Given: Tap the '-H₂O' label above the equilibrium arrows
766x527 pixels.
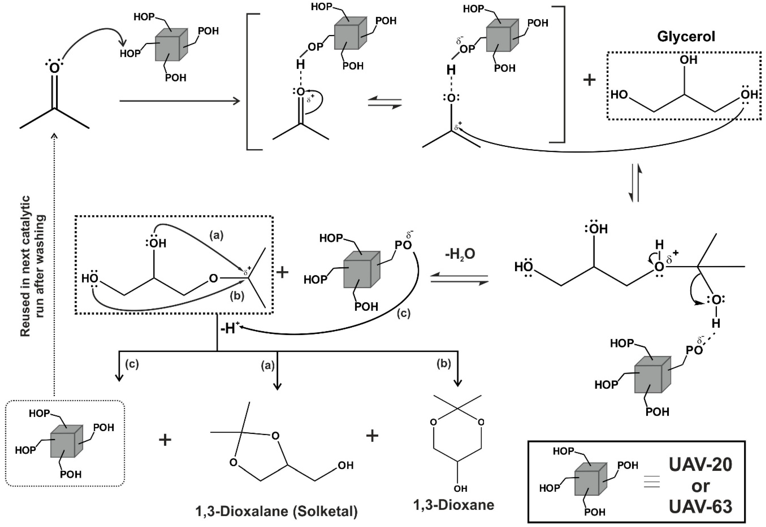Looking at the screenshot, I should tap(460, 254).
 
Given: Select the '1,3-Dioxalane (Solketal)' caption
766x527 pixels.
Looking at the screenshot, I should tap(277, 511).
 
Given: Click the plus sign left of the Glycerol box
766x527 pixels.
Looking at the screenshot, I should tap(589, 80).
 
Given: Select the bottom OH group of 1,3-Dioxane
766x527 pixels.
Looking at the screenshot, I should tap(460, 488).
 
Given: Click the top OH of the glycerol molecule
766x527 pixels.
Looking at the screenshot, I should tap(689, 60).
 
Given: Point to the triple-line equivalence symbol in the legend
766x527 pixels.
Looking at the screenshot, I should tap(652, 482).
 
